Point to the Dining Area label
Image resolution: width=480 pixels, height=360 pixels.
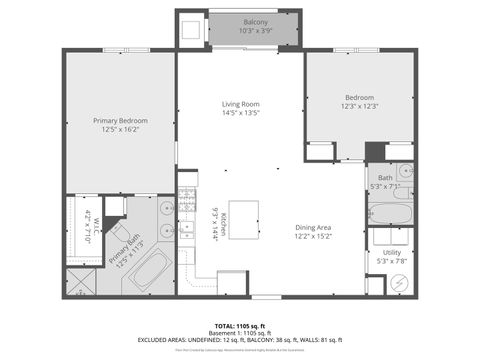tap(312, 227)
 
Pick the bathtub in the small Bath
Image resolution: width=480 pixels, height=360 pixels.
tap(390, 211)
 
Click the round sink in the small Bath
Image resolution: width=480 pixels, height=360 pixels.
tap(404, 172)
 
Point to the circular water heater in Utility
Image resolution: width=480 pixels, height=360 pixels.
tap(402, 283)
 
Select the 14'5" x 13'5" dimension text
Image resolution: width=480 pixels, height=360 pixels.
tap(240, 113)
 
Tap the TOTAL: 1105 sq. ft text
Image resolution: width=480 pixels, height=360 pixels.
tap(240, 327)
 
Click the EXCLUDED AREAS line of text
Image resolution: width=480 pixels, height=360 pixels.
tap(240, 340)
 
